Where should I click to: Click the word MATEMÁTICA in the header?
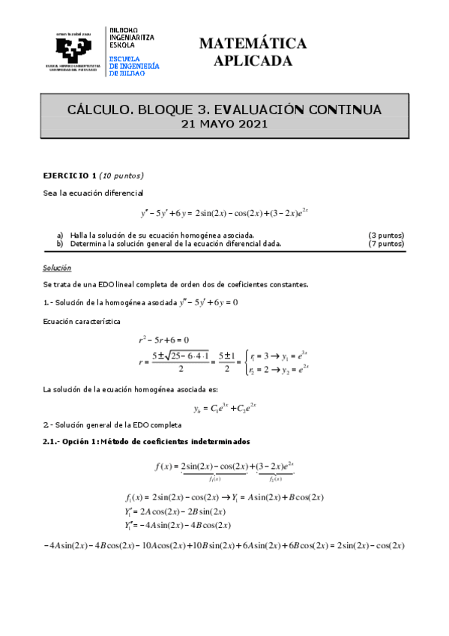[253, 43]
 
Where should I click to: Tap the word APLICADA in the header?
[253, 61]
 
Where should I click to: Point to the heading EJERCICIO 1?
[70, 175]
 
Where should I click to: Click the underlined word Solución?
[56, 267]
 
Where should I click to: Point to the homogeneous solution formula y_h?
[225, 409]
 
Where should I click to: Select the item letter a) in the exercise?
[61, 235]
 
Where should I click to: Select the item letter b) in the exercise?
[61, 243]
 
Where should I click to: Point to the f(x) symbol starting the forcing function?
[164, 466]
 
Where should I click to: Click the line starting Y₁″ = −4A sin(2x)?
[178, 525]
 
